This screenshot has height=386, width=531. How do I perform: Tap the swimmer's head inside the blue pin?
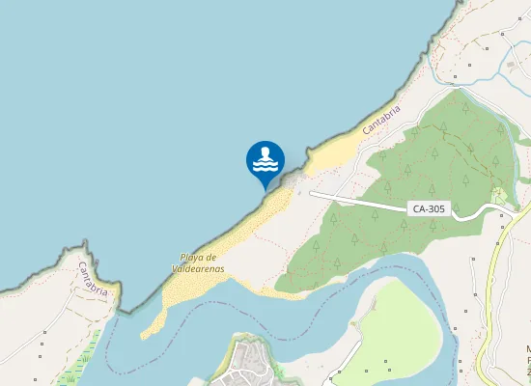pos(265,152)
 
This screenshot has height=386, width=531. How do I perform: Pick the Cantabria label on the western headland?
pos(97,278)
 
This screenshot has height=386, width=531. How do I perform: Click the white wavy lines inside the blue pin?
pos(265,165)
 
